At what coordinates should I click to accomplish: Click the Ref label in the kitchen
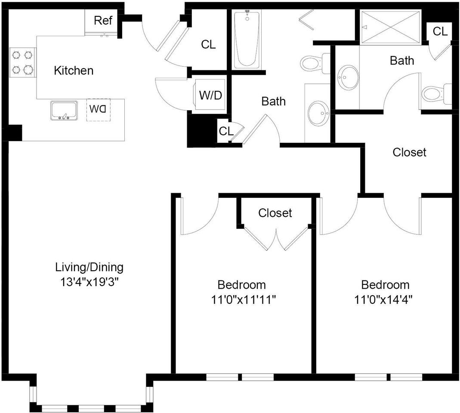coord(103,21)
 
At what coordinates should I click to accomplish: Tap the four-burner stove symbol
coord(22,62)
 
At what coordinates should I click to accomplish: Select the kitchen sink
coord(64,111)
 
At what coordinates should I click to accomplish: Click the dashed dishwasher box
coord(98,110)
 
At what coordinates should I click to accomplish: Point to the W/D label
coord(211,96)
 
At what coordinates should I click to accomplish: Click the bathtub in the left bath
coord(247,40)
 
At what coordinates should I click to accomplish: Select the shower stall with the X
coord(390,28)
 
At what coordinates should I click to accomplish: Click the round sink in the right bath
coord(348,77)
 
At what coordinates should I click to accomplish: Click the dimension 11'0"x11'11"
coord(244,300)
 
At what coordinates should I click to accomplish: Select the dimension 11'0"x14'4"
coord(384,300)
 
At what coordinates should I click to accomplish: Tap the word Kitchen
coord(74,71)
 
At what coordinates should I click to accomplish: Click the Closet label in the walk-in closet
coord(409,152)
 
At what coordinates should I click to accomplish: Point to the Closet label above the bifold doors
coord(275,213)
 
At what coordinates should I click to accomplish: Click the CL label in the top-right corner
coord(440,31)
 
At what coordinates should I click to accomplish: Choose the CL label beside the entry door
coord(208,45)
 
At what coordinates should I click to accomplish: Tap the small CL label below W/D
coord(226,131)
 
